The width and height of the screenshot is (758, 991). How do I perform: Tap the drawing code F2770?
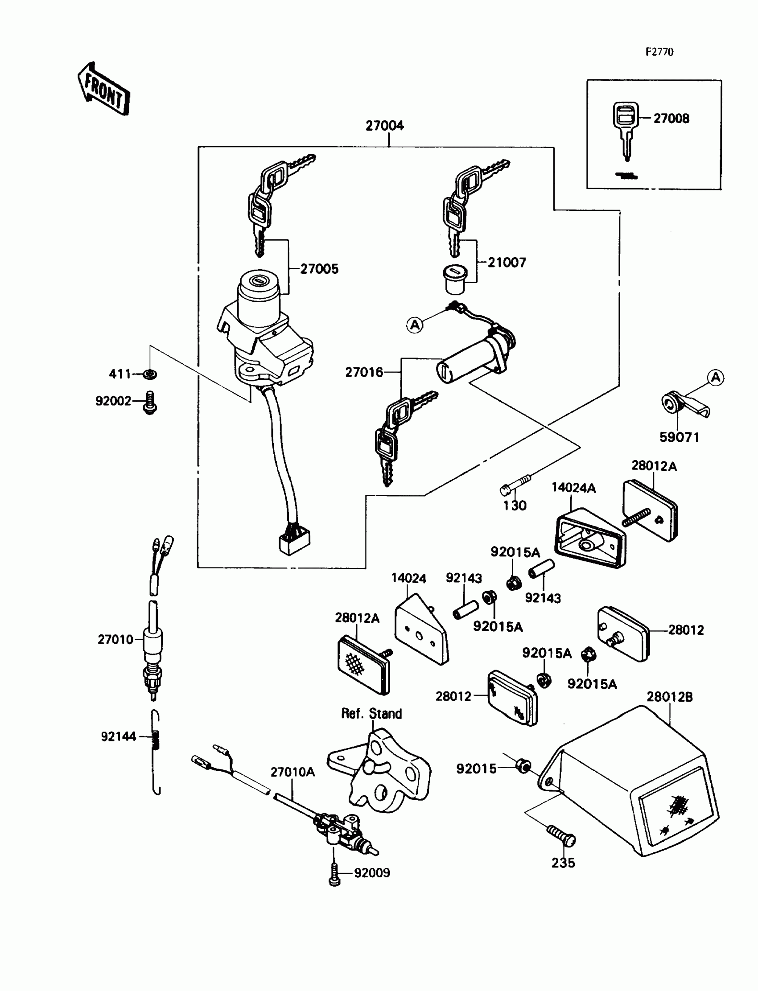pyautogui.click(x=659, y=52)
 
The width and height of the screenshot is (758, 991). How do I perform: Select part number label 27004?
pyautogui.click(x=384, y=126)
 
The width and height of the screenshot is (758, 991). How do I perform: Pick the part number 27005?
pyautogui.click(x=319, y=269)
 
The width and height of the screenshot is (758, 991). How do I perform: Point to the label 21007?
pyautogui.click(x=507, y=263)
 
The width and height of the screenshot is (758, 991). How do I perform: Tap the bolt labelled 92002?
pyautogui.click(x=150, y=403)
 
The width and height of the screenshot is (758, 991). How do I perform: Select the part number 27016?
pyautogui.click(x=364, y=372)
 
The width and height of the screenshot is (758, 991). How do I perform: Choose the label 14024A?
pyautogui.click(x=573, y=488)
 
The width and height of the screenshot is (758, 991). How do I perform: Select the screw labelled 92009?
pyautogui.click(x=334, y=874)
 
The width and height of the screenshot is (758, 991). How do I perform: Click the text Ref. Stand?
pyautogui.click(x=371, y=713)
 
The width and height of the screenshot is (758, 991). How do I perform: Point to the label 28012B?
pyautogui.click(x=670, y=697)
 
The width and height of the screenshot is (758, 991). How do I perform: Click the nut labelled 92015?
pyautogui.click(x=523, y=765)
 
